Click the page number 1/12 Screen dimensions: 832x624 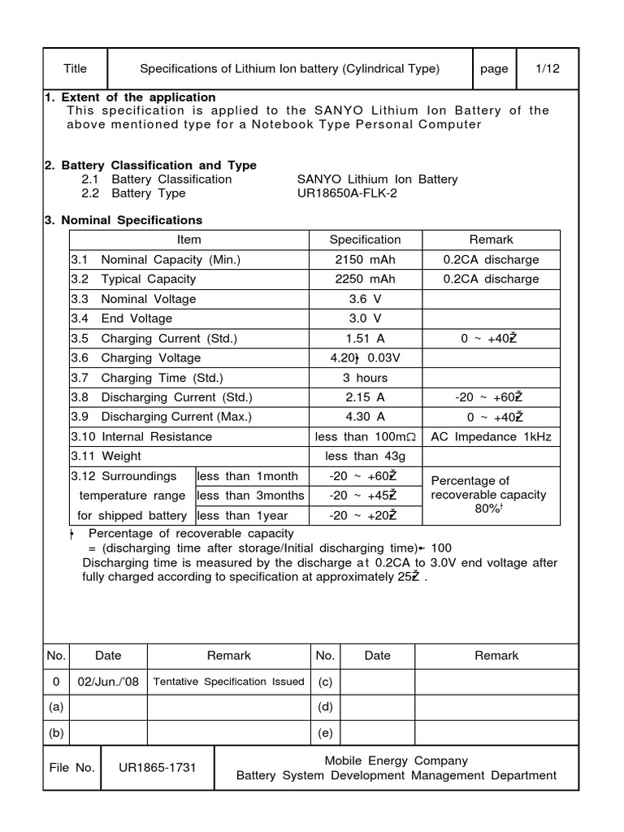click(x=548, y=69)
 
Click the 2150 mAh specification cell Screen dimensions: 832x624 click(x=365, y=260)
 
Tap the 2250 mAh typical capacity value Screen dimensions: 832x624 click(x=365, y=279)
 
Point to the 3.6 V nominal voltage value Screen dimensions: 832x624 click(x=365, y=299)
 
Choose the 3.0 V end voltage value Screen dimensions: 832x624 click(x=365, y=318)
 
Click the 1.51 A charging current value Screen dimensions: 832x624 click(x=365, y=339)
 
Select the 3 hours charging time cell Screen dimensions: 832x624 click(x=365, y=378)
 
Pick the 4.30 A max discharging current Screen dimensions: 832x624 click(x=365, y=417)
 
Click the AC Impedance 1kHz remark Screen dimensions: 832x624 click(x=491, y=437)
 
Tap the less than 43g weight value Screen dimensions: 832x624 click(x=365, y=457)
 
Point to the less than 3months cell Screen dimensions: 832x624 click(x=251, y=496)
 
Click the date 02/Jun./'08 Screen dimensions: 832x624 click(x=108, y=682)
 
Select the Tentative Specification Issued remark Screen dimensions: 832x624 click(x=229, y=682)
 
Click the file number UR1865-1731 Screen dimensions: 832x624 click(x=158, y=768)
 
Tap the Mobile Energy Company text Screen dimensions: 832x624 click(x=396, y=760)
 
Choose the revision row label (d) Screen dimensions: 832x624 click(x=325, y=707)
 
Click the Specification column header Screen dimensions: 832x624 click(x=365, y=240)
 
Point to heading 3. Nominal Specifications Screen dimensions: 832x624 click(x=123, y=220)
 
